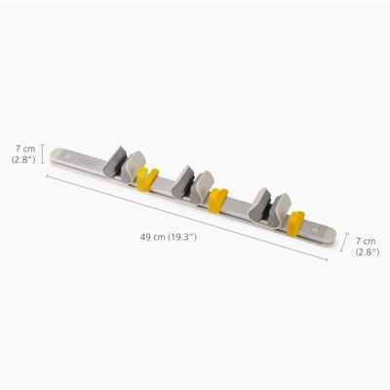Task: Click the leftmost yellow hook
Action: point(147,179)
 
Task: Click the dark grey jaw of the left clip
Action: point(116,162)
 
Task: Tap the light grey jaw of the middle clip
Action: point(203,185)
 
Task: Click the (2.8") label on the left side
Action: point(22,159)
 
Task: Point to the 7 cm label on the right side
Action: point(366,240)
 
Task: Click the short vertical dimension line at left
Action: point(42,154)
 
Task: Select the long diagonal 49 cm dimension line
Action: point(185,215)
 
